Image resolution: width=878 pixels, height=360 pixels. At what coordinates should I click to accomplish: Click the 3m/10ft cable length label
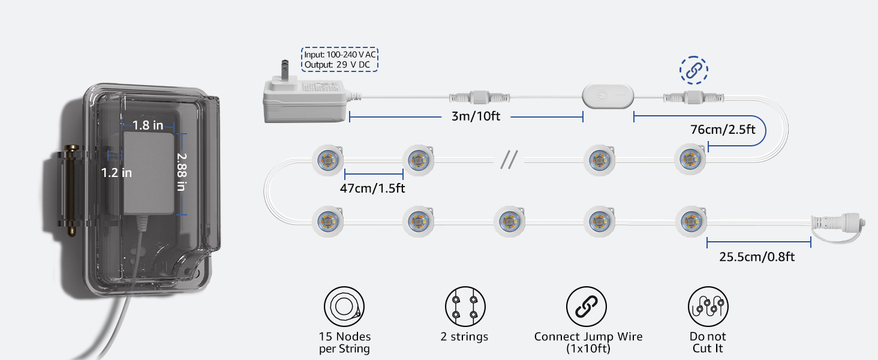pyautogui.click(x=476, y=116)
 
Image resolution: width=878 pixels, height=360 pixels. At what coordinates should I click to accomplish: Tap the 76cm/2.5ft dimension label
pyautogui.click(x=723, y=128)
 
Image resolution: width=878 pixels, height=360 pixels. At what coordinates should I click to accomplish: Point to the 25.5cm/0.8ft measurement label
pyautogui.click(x=757, y=257)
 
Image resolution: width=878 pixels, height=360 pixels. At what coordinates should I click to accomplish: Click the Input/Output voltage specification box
pyautogui.click(x=339, y=59)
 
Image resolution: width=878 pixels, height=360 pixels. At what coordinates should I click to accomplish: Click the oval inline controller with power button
pyautogui.click(x=607, y=95)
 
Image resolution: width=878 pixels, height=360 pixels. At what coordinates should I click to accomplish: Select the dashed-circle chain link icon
pyautogui.click(x=693, y=70)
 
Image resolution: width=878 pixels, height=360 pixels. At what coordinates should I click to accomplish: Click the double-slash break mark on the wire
pyautogui.click(x=509, y=160)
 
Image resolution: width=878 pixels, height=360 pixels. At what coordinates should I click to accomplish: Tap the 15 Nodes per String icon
pyautogui.click(x=344, y=307)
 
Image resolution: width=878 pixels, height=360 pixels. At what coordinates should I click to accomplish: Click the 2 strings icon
pyautogui.click(x=465, y=307)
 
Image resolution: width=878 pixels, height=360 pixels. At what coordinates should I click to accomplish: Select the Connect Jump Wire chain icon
pyautogui.click(x=587, y=307)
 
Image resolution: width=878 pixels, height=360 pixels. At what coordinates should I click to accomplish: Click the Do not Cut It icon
pyautogui.click(x=708, y=307)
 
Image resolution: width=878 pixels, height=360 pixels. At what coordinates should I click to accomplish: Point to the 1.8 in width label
pyautogui.click(x=148, y=125)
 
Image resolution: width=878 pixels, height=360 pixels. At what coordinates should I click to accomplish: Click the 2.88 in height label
pyautogui.click(x=182, y=171)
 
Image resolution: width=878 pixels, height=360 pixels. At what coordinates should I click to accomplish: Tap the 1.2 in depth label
pyautogui.click(x=116, y=173)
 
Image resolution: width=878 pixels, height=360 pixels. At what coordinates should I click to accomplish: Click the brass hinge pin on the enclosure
pyautogui.click(x=72, y=188)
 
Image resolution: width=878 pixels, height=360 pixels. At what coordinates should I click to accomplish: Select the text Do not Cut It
pyautogui.click(x=708, y=343)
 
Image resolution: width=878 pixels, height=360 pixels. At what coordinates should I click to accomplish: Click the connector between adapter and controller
pyautogui.click(x=473, y=96)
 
